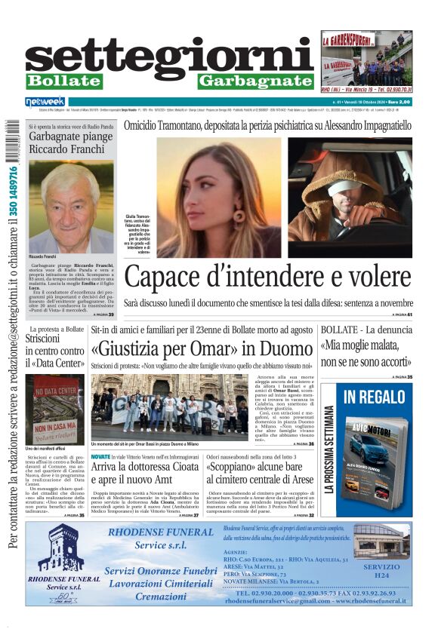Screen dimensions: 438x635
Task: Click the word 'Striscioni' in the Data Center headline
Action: (48, 339)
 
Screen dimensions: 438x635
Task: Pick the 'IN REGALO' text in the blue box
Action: (374, 396)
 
